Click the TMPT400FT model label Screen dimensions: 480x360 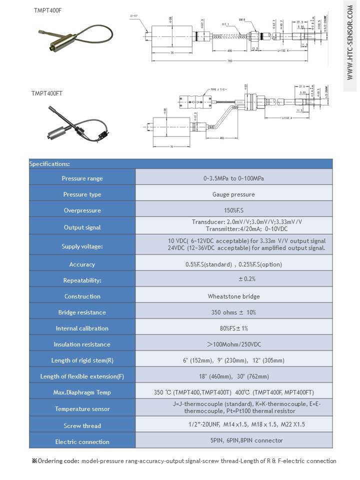click(46, 93)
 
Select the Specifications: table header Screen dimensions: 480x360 click(49, 163)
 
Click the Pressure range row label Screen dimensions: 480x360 click(82, 178)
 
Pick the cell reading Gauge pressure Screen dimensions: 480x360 click(233, 194)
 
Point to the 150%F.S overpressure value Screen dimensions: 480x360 click(233, 210)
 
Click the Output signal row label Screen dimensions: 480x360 click(82, 227)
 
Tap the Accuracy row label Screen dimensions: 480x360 click(82, 264)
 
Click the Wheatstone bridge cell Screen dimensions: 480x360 click(233, 296)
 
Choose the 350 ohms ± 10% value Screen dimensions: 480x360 click(233, 312)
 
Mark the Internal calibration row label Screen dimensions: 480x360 click(82, 328)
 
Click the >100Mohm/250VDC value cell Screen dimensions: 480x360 click(233, 344)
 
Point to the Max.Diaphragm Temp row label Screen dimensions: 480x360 click(82, 392)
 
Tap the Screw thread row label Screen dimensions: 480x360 click(82, 426)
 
